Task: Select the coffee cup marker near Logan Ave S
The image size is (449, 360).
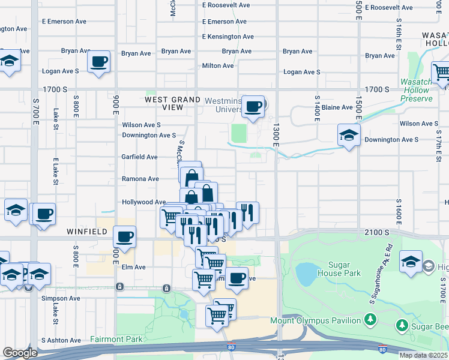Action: tap(99, 61)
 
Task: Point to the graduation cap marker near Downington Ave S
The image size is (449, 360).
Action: tap(348, 136)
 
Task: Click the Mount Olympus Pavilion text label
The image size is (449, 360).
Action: tap(315, 320)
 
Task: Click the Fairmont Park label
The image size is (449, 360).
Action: tap(116, 339)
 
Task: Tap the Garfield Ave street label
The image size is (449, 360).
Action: tap(139, 157)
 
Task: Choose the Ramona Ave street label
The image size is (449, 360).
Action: tap(140, 179)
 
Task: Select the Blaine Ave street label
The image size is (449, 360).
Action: tap(337, 107)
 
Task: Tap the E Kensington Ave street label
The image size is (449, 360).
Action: tap(228, 37)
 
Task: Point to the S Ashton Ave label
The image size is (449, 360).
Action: tap(61, 340)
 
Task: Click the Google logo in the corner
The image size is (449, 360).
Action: tap(20, 353)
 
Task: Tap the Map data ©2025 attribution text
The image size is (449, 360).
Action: tap(423, 355)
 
